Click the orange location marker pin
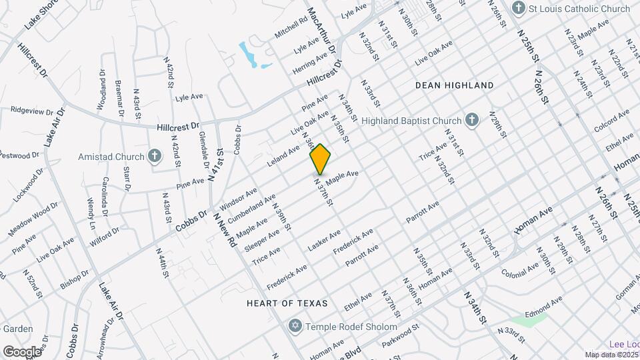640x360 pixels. [x=320, y=159]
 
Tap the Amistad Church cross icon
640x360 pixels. [x=155, y=157]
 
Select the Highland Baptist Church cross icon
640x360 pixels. [x=471, y=121]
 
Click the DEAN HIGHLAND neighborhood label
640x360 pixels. [x=454, y=85]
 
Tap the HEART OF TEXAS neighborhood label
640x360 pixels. [x=287, y=303]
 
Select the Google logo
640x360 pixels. [x=22, y=351]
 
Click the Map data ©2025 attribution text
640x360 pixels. [x=611, y=355]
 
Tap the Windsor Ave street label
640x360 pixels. [x=238, y=198]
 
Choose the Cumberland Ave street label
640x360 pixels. [x=251, y=209]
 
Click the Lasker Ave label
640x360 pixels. [x=324, y=241]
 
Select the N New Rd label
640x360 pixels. [x=225, y=230]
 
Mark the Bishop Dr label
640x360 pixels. [x=74, y=279]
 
